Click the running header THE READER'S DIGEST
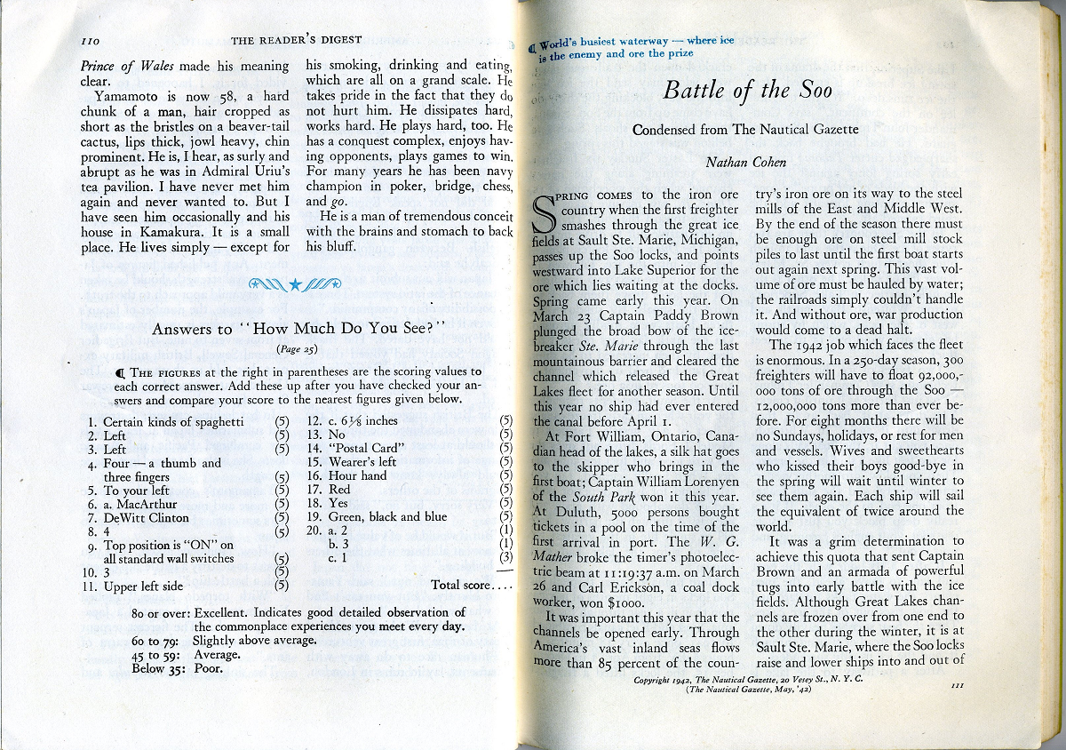(297, 41)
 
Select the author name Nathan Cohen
(745, 162)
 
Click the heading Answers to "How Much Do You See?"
(298, 329)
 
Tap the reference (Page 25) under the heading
(296, 348)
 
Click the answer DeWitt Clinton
(146, 518)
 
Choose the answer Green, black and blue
(387, 516)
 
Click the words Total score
(462, 586)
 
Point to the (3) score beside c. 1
(506, 558)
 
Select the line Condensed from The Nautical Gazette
(745, 131)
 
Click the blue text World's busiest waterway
(592, 44)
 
